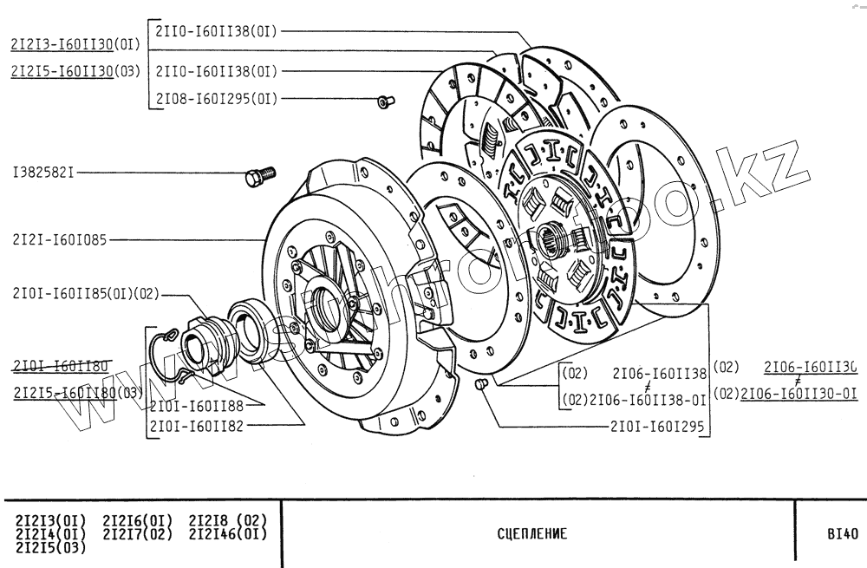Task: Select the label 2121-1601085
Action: coord(60,240)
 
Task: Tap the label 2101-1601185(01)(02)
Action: coord(87,293)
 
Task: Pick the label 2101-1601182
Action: coord(196,426)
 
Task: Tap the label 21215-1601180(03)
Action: coord(78,393)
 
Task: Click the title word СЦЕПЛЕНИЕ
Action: coord(532,534)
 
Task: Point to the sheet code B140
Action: coord(842,534)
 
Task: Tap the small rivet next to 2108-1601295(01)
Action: coord(384,102)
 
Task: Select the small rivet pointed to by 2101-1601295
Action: coord(483,383)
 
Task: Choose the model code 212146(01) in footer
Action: coord(227,533)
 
